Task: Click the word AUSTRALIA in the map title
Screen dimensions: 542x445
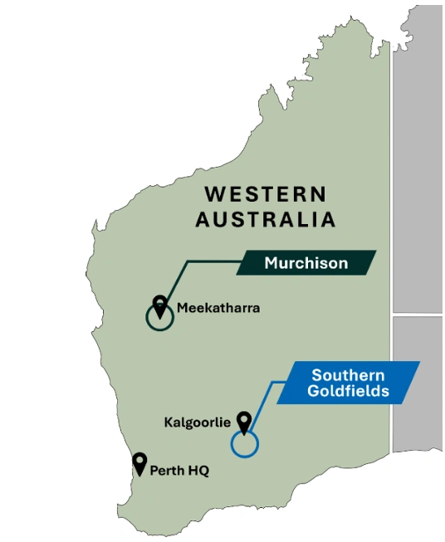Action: (x=266, y=220)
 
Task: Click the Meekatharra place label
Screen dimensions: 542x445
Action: (x=218, y=308)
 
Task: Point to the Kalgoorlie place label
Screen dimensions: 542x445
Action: (x=197, y=422)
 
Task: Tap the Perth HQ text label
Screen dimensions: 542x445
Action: (x=179, y=471)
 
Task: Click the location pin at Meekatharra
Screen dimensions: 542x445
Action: (x=159, y=304)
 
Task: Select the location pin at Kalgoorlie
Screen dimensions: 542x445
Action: (x=244, y=422)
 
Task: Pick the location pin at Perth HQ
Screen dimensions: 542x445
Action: (x=139, y=463)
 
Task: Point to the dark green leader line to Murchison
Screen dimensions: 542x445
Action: (x=208, y=262)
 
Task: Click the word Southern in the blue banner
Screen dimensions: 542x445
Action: (x=346, y=374)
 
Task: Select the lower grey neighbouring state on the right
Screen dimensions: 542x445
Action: (x=418, y=382)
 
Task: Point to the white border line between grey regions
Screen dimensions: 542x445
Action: (x=418, y=315)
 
